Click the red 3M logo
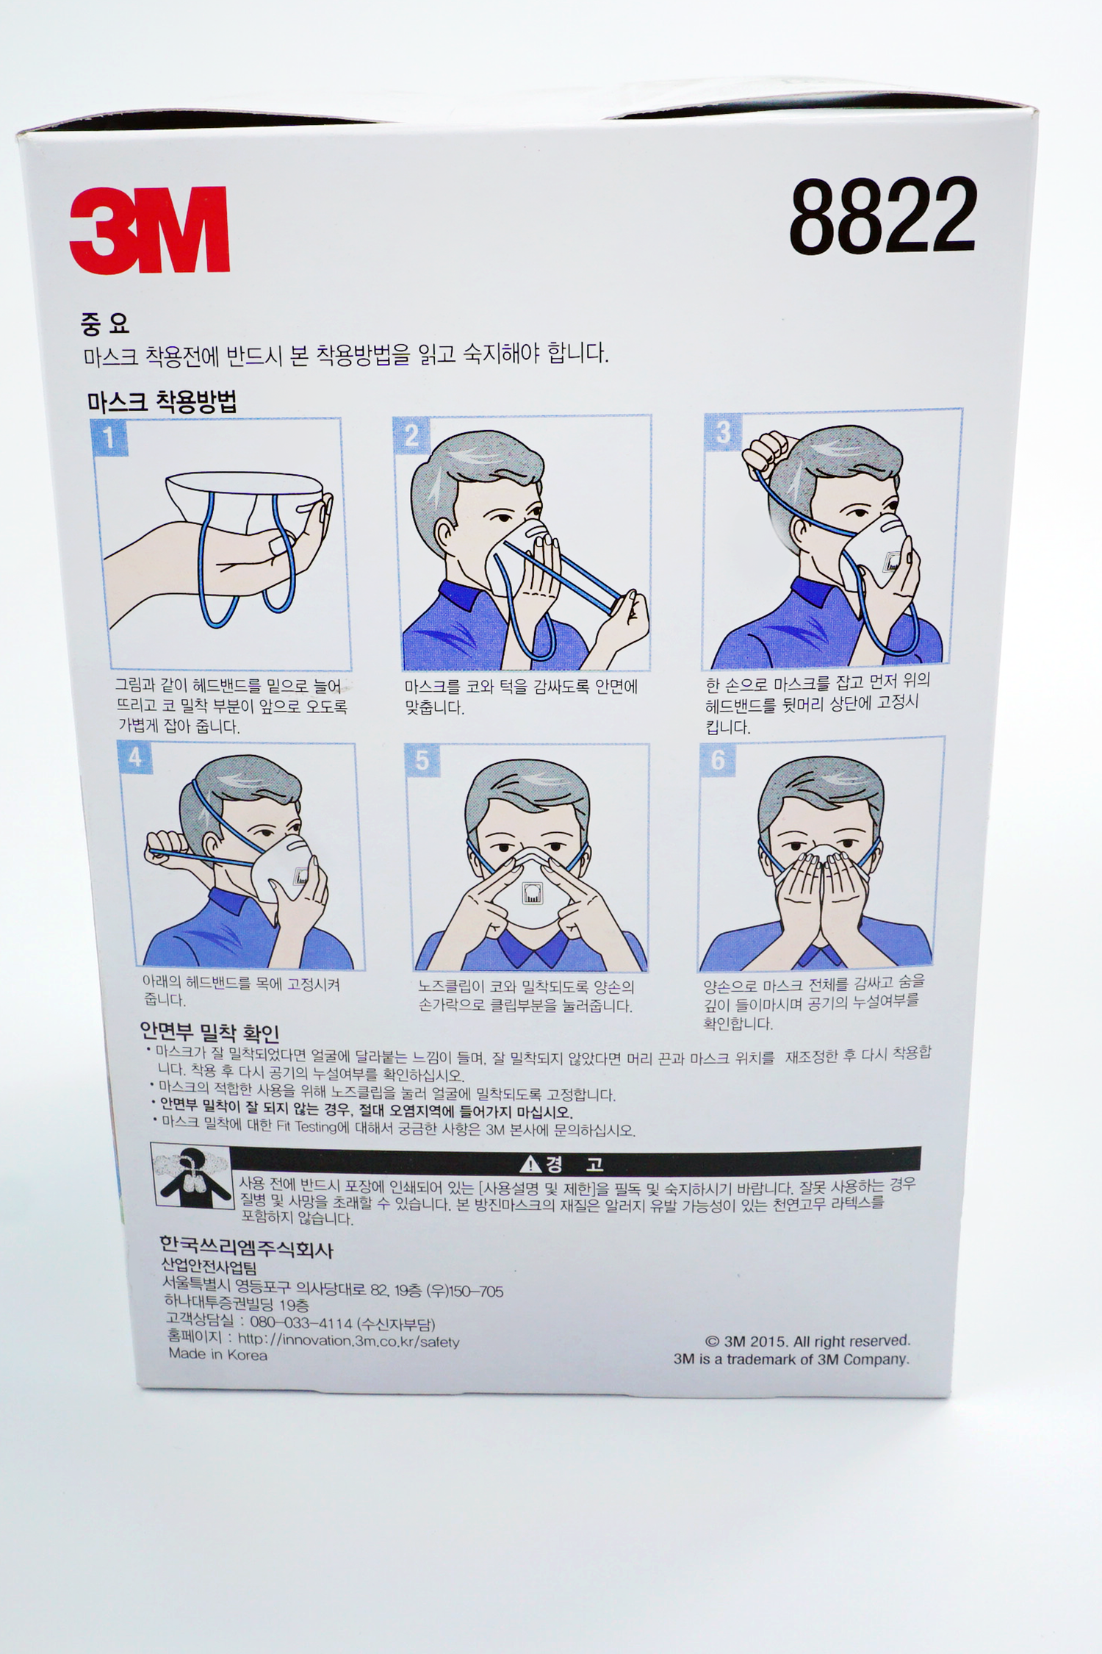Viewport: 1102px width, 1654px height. coord(150,229)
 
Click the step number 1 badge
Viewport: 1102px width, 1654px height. coord(109,438)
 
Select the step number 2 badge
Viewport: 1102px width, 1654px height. coord(411,435)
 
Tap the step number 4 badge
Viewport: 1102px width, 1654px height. coord(134,757)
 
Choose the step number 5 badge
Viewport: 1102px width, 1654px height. coord(422,760)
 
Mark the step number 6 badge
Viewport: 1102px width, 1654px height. coord(717,760)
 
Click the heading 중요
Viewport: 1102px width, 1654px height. coord(105,323)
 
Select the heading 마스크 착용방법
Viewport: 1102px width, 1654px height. coord(162,401)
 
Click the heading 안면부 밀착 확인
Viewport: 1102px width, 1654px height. coord(209,1033)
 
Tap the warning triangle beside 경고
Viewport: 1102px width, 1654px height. coord(530,1164)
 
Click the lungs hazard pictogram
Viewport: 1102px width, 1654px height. coord(192,1175)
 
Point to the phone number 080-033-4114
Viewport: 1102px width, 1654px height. coord(301,1322)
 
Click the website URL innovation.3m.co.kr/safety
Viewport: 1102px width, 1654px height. coord(349,1341)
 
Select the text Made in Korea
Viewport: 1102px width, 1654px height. coord(218,1355)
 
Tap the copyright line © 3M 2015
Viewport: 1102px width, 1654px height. coord(807,1341)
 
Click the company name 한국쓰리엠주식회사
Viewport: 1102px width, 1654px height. coord(246,1248)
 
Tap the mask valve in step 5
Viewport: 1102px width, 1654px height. coord(532,894)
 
